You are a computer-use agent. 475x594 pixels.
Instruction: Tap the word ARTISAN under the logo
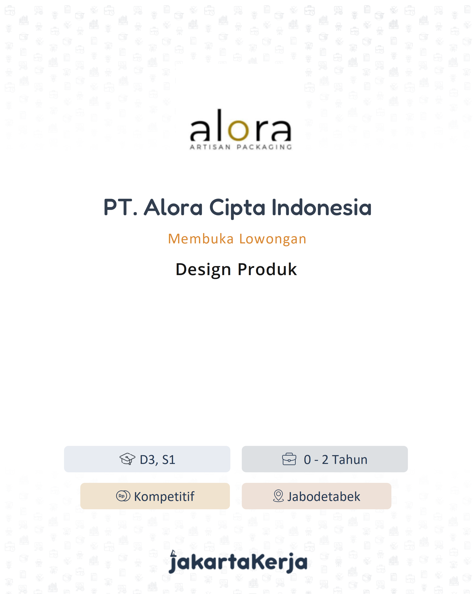click(x=210, y=147)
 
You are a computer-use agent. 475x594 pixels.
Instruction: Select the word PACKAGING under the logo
click(x=264, y=147)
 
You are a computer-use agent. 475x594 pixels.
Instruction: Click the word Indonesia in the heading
click(x=321, y=208)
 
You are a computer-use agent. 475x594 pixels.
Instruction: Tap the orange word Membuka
click(x=201, y=239)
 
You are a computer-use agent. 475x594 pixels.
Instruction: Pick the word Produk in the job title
click(x=267, y=269)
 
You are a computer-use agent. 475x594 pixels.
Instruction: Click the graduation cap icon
click(x=127, y=459)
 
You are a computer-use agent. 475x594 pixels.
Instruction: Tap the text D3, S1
click(x=157, y=460)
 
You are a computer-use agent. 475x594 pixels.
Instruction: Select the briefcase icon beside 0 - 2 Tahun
click(x=289, y=459)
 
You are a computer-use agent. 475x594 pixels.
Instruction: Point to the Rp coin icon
click(x=123, y=496)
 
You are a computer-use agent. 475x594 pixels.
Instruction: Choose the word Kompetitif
click(x=164, y=497)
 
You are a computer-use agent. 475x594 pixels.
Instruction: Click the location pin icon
click(x=278, y=496)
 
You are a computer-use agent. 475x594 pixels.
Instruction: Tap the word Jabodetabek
click(x=324, y=497)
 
